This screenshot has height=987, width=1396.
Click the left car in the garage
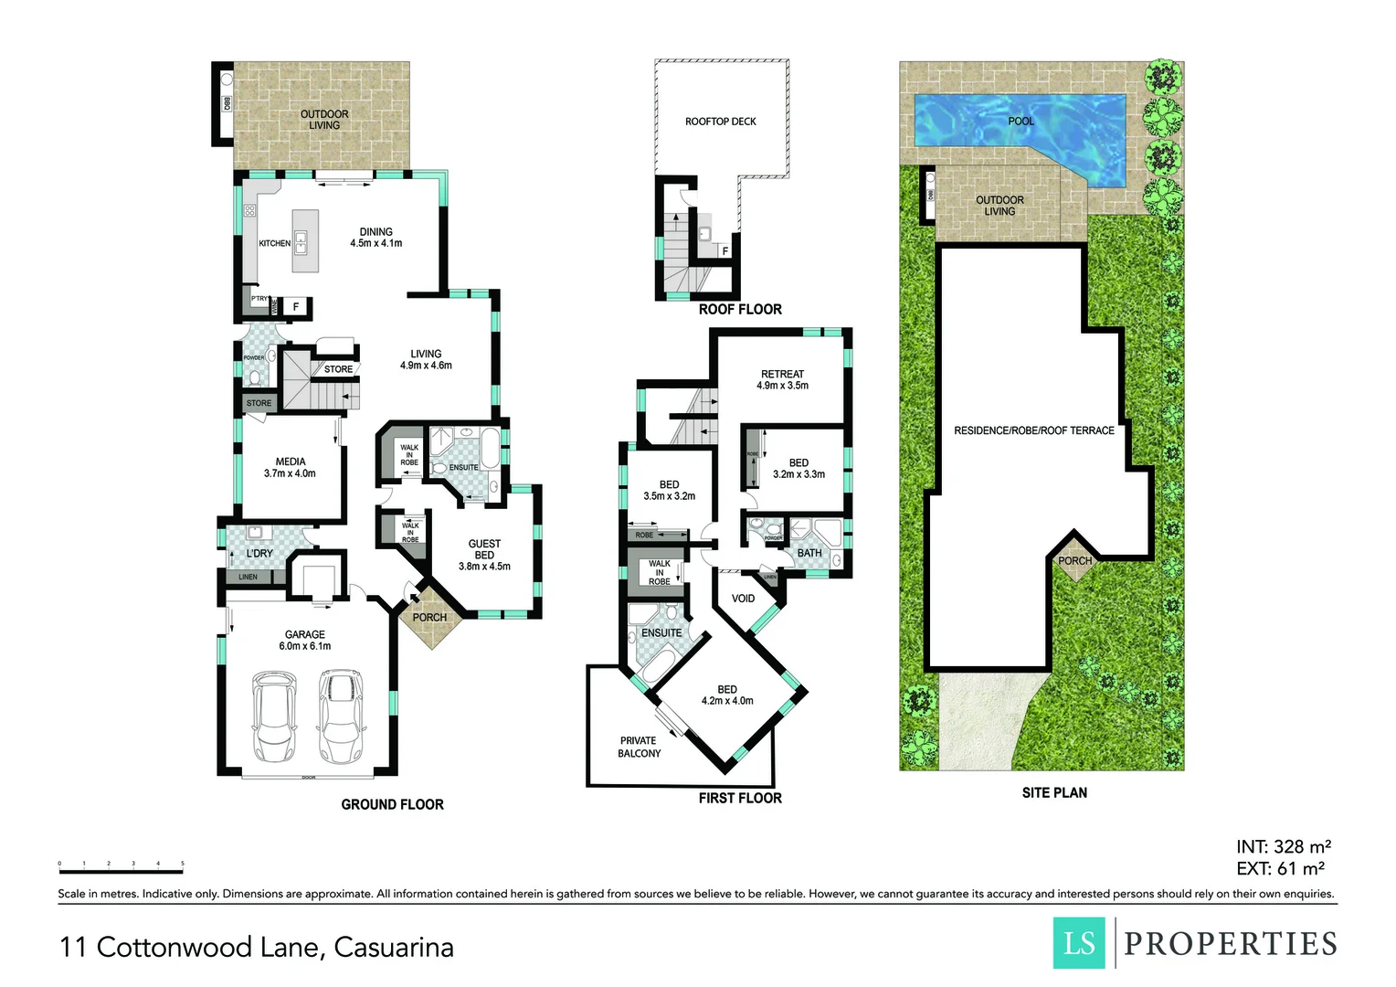[273, 719]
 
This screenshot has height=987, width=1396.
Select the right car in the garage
[340, 719]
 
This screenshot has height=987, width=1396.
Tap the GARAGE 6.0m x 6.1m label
[305, 640]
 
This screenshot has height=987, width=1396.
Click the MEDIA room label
[290, 467]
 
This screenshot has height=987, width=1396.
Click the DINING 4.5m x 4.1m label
[375, 238]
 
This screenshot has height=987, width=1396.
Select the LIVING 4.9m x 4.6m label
[426, 359]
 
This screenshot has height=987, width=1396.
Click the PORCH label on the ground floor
[429, 618]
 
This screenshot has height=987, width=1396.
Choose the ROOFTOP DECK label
[720, 122]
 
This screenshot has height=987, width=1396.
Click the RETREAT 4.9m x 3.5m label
[782, 379]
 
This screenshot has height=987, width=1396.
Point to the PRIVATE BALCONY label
[639, 747]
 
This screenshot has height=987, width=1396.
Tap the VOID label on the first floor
[743, 599]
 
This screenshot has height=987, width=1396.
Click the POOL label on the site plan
[1021, 122]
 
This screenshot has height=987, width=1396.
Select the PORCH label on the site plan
[1074, 561]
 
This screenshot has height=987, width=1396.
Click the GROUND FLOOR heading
[392, 804]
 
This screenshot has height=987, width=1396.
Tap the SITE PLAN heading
[1054, 792]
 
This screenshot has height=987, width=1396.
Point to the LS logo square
[1080, 942]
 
